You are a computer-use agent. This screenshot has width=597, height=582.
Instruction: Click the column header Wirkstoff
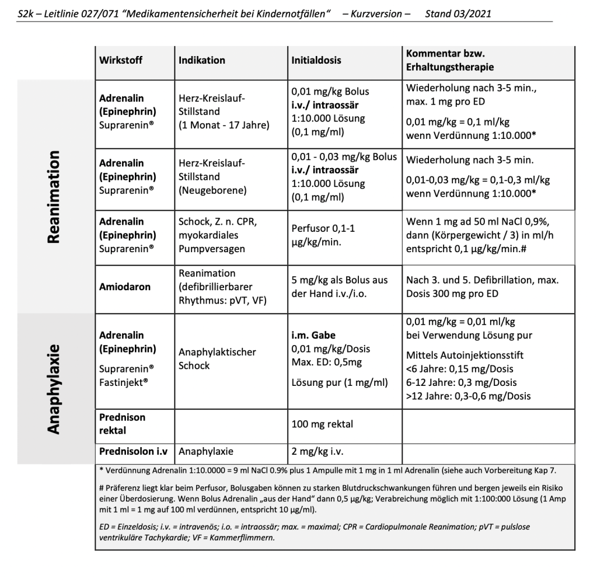(x=121, y=60)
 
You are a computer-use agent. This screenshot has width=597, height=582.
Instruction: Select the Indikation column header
(x=202, y=60)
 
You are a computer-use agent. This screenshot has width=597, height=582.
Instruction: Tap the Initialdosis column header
(x=316, y=60)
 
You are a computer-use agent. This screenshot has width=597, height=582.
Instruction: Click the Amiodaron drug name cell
(x=125, y=287)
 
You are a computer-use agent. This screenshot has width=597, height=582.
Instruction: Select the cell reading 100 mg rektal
(x=322, y=424)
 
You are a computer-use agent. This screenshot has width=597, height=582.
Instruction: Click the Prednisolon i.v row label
(x=134, y=451)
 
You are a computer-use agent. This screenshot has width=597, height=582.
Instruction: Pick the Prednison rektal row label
(x=122, y=424)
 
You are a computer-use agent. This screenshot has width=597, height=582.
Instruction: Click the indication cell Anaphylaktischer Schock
(x=217, y=359)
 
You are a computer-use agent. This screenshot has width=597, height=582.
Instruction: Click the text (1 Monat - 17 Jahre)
(x=224, y=124)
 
